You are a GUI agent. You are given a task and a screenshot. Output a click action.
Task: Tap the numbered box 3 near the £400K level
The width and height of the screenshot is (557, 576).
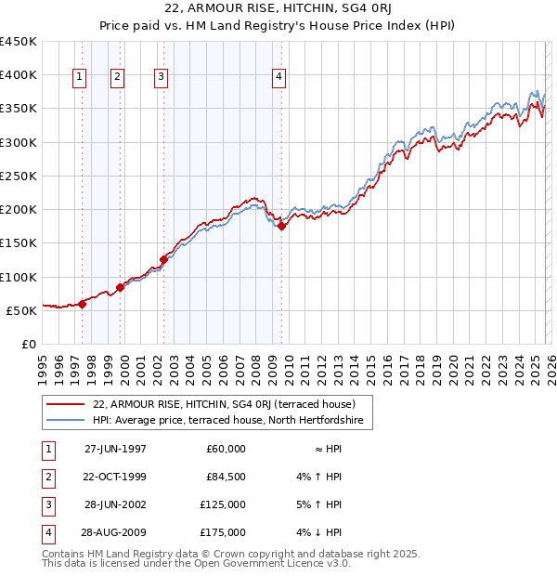coord(161,77)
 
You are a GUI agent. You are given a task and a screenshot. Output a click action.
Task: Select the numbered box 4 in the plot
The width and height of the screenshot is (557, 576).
coord(279,77)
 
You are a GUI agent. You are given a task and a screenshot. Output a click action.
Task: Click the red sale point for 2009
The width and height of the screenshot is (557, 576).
coord(281,226)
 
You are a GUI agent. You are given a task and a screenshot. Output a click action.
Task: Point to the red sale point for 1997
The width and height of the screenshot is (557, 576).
coord(83,303)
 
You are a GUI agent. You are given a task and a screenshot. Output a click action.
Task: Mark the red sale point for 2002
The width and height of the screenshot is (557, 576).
coord(164,259)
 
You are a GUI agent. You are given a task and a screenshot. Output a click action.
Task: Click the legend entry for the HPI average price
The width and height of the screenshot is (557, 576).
coord(233,421)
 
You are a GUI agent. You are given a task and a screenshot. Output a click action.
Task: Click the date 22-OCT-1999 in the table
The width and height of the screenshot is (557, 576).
coord(115,477)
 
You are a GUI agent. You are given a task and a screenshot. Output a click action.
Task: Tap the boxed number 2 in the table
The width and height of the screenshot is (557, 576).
coord(45,477)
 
